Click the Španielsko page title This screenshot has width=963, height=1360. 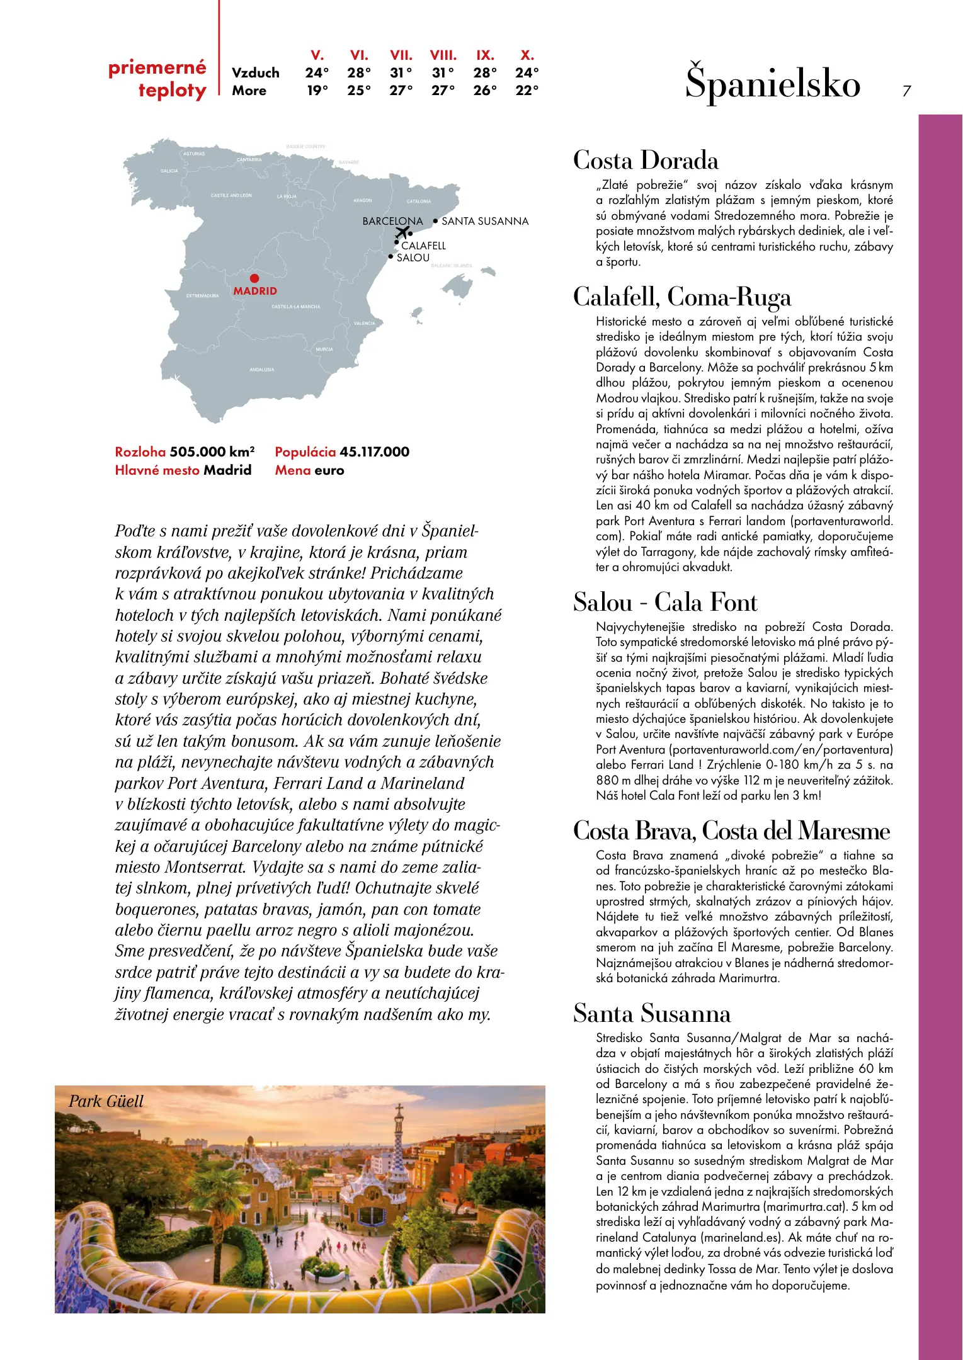click(772, 84)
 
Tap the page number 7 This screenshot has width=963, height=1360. click(906, 91)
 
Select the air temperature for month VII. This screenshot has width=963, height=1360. click(401, 73)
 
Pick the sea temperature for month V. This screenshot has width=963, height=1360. click(317, 91)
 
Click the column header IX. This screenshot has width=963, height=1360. click(485, 55)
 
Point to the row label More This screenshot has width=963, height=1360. click(249, 91)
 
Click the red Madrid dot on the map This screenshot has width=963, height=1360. click(254, 278)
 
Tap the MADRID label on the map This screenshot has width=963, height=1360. click(255, 291)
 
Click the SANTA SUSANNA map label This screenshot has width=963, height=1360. click(485, 222)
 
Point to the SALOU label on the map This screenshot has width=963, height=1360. click(413, 258)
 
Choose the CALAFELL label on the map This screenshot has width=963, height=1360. click(423, 246)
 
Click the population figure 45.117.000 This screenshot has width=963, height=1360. click(374, 451)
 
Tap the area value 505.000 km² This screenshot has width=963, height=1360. click(212, 451)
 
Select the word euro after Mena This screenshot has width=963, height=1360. click(329, 470)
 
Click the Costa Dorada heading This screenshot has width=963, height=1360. click(646, 161)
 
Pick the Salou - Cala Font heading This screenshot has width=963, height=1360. click(665, 603)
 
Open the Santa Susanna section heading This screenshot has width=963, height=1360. click(652, 1014)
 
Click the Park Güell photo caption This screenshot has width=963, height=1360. click(106, 1101)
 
